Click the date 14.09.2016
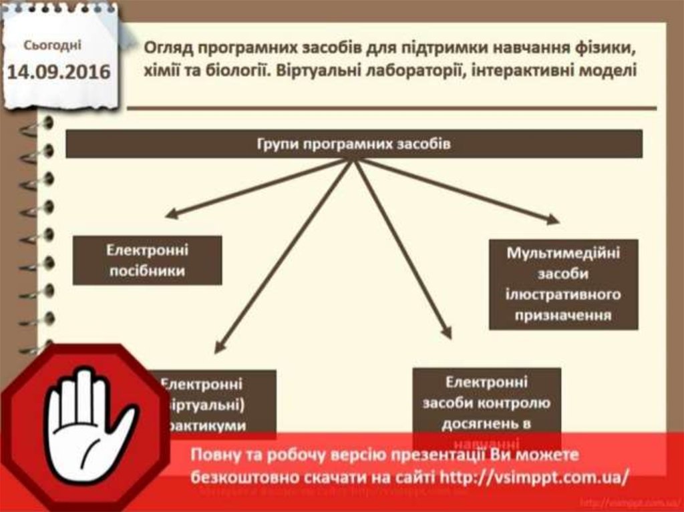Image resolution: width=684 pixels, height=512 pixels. coord(58,71)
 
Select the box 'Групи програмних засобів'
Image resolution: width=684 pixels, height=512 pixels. coord(353,144)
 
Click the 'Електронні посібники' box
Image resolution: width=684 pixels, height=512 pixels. coord(147,260)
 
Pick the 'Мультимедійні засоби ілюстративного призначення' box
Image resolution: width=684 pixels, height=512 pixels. coord(563,284)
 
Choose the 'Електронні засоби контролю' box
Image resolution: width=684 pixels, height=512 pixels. coord(486,404)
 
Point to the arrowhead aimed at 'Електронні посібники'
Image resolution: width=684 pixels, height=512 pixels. coord(171,214)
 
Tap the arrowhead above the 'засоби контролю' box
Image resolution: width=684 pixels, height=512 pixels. coord(447,332)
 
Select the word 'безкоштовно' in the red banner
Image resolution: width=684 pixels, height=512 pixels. coord(238,477)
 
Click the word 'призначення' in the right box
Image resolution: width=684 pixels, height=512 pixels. coord(563,314)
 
